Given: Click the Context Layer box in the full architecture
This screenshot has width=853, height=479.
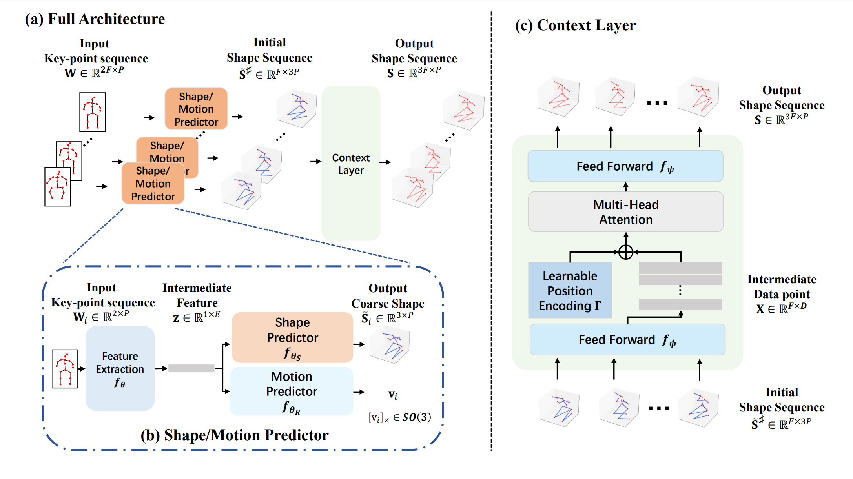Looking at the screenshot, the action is [351, 163].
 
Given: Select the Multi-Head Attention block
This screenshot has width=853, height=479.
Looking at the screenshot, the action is [626, 212].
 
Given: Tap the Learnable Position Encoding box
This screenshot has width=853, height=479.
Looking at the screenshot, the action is [570, 290].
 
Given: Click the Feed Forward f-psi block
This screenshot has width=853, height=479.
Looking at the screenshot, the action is [625, 166].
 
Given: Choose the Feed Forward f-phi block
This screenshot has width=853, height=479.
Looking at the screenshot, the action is [627, 340].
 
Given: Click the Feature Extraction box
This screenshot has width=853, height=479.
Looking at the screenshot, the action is [120, 369].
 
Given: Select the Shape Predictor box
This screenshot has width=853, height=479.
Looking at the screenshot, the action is [293, 337].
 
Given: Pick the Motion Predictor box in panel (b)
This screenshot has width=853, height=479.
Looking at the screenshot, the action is [292, 392].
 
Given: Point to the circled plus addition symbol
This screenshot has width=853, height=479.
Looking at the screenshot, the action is [626, 252].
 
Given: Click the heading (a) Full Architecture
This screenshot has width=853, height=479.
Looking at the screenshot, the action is [95, 19].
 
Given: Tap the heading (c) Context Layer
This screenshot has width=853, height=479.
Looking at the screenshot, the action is [576, 25].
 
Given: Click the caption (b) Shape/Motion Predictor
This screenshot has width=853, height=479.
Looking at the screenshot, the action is [235, 435].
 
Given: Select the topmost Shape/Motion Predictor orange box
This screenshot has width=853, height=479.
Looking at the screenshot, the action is [196, 109].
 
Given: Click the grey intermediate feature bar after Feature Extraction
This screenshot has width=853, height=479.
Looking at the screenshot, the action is [191, 368].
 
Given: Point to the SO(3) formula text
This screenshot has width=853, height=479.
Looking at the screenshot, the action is [399, 417].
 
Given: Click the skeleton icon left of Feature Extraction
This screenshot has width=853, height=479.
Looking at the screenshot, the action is [65, 369].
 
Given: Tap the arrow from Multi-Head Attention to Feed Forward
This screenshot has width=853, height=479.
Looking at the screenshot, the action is [626, 187].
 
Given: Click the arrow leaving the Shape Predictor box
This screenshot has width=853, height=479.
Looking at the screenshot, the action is [359, 344].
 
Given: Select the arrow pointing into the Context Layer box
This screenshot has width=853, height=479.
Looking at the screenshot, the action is [316, 161].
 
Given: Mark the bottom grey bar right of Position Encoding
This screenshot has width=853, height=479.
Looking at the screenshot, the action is [681, 304].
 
